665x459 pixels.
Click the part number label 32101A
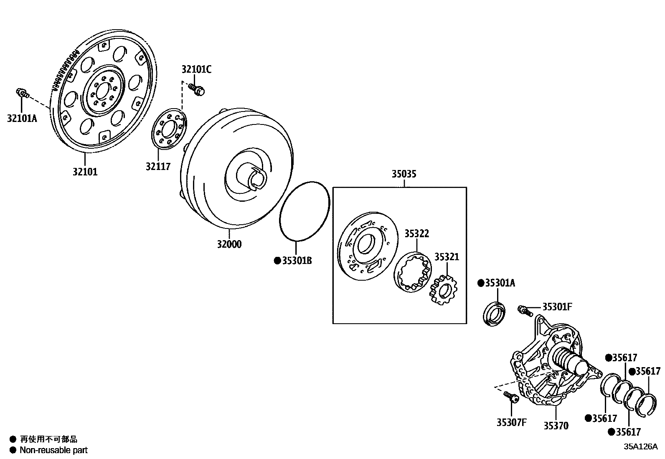[x=22, y=118]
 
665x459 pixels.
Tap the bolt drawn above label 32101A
[x=22, y=93]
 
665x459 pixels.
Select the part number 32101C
[x=196, y=70]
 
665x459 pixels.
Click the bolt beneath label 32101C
[x=196, y=89]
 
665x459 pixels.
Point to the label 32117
[x=158, y=166]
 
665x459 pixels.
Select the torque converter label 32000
[x=229, y=244]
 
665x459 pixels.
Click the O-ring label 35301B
[x=296, y=261]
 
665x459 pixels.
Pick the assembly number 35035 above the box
[x=404, y=174]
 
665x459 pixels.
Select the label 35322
[x=416, y=233]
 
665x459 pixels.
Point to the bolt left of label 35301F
[x=524, y=310]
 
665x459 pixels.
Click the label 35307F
[x=511, y=422]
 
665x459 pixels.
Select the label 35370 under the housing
[x=556, y=426]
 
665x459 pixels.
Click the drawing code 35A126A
[x=640, y=446]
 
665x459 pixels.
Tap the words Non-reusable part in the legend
[x=53, y=450]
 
